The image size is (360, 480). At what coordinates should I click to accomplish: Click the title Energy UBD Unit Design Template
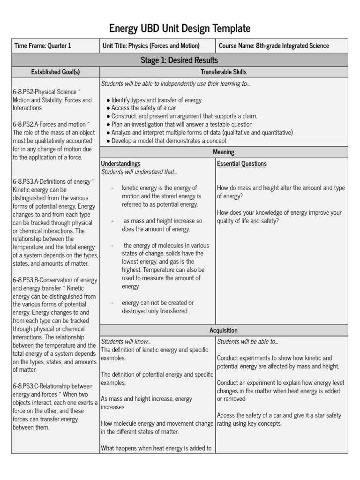[x=180, y=29]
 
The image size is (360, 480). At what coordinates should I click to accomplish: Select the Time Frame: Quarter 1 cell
[x=43, y=46]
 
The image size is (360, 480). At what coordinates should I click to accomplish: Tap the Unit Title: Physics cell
[x=151, y=46]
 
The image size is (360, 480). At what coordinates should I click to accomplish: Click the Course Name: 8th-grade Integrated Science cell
[x=274, y=46]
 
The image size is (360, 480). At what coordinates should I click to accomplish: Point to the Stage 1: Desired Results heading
[x=180, y=60]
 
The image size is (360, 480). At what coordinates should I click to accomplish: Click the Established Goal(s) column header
[x=55, y=72]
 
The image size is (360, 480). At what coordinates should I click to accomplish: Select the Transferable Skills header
[x=224, y=72]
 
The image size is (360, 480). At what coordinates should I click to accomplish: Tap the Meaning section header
[x=224, y=152]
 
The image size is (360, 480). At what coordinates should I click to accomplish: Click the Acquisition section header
[x=224, y=331]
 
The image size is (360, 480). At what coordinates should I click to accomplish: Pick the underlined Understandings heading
[x=121, y=164]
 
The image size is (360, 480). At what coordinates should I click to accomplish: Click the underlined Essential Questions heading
[x=241, y=164]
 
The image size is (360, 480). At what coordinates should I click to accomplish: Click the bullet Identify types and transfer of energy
[x=154, y=100]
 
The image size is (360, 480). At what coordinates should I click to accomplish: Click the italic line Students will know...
[x=126, y=342]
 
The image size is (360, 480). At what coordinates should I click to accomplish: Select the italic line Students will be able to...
[x=247, y=342]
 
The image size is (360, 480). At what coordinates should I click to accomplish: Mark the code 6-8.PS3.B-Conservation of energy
[x=55, y=280]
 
